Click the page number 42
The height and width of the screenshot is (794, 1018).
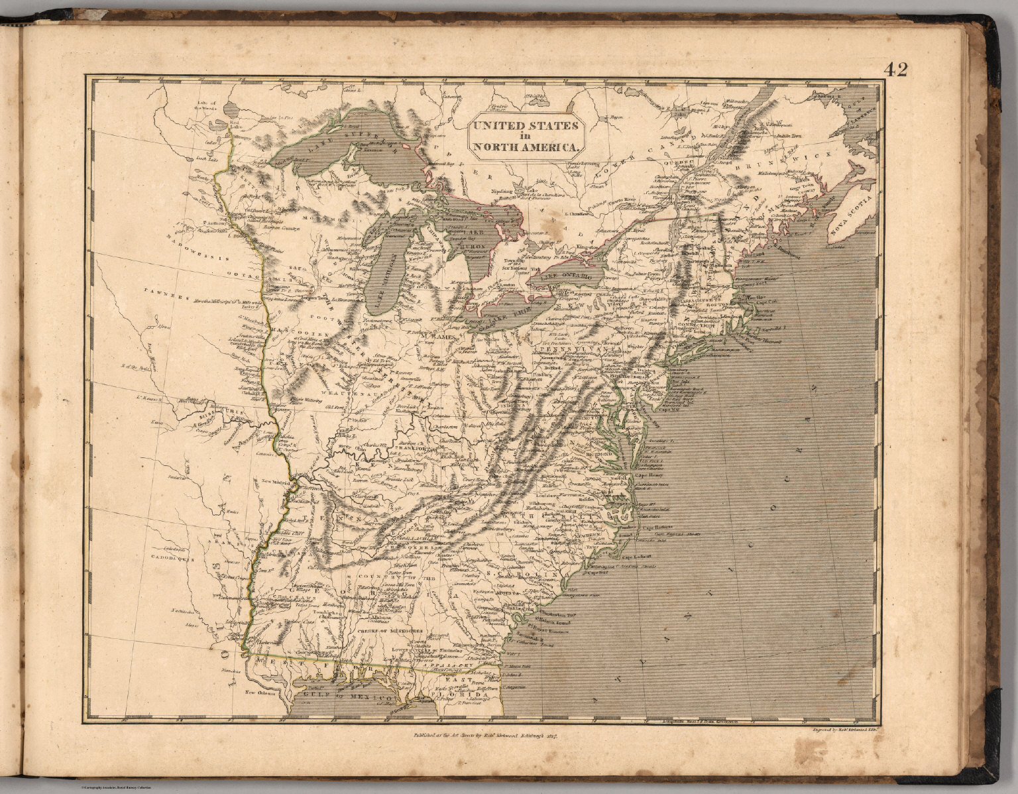(895, 70)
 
